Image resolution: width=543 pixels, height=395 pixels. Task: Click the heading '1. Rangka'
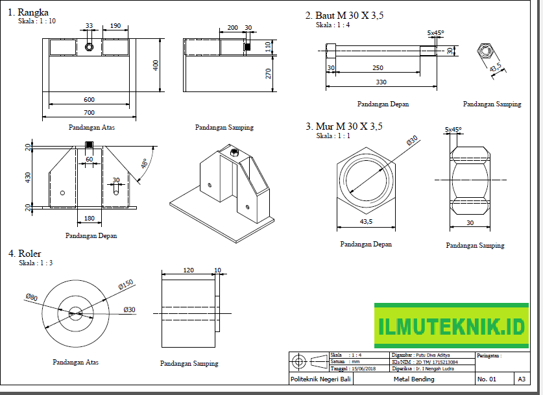click(x=28, y=12)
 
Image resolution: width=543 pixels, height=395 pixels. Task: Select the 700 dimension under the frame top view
click(x=88, y=113)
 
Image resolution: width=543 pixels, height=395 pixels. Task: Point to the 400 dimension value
click(x=156, y=67)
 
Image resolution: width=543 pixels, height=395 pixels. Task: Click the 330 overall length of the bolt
click(x=381, y=82)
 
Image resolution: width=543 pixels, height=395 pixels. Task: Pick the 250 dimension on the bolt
click(x=378, y=68)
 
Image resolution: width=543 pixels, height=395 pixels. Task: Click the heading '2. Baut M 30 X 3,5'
click(x=344, y=16)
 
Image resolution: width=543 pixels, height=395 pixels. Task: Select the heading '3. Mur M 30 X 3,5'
click(x=344, y=127)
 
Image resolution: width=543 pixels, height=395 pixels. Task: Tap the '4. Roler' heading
click(x=25, y=254)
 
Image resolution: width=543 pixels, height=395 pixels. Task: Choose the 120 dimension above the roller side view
click(x=188, y=269)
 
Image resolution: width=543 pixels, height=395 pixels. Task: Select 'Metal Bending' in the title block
click(x=414, y=379)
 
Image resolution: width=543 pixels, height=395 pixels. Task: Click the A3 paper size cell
click(x=522, y=379)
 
